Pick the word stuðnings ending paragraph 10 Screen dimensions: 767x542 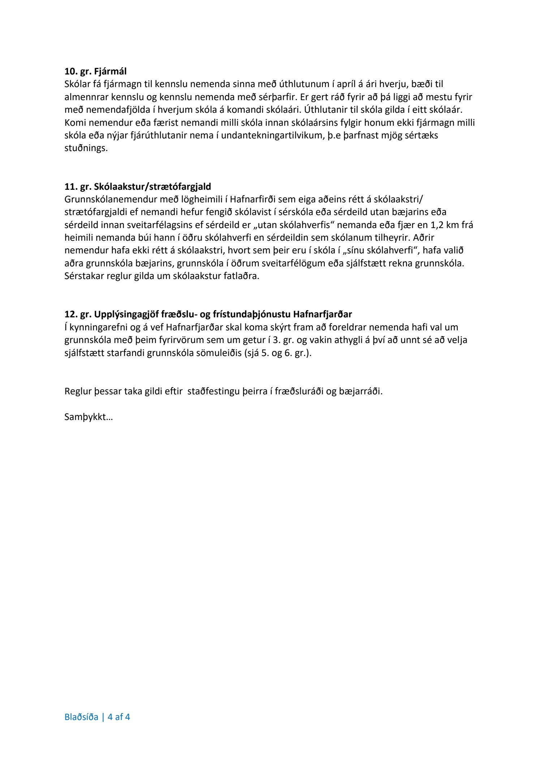pos(86,148)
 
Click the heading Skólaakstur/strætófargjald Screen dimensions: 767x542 pos(152,187)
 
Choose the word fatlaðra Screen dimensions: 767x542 pos(244,276)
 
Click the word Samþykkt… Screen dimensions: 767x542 pos(89,417)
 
